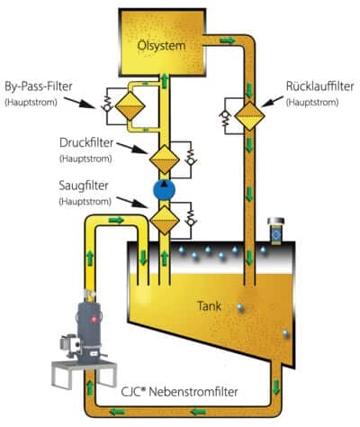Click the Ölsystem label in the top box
(x=161, y=46)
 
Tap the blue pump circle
(x=164, y=190)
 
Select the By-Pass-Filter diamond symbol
(x=130, y=106)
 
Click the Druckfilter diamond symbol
(x=165, y=159)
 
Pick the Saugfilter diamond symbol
(x=165, y=220)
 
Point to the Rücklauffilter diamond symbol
(x=249, y=116)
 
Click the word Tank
(x=209, y=306)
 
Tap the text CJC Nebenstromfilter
(x=179, y=392)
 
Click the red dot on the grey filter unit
(x=94, y=319)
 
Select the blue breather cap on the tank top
(x=276, y=232)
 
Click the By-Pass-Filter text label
(x=39, y=86)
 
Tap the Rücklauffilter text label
(x=320, y=86)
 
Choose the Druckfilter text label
(x=86, y=142)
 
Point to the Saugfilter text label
(x=84, y=186)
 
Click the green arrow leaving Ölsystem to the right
(x=228, y=41)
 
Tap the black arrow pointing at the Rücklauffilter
(x=273, y=101)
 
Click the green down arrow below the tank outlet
(x=276, y=387)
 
